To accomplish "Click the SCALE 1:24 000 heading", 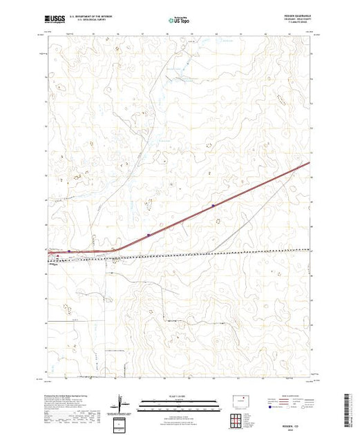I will (x=173, y=395).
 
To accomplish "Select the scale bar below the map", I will (x=173, y=401).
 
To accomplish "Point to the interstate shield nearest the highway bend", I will (x=148, y=235).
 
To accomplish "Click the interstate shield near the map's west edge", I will (x=68, y=251).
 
